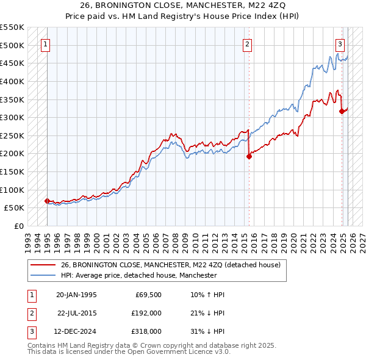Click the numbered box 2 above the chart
coord(248,43)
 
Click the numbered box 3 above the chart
coord(340,43)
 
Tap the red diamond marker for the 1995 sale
coord(47,200)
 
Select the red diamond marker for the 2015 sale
coord(249,156)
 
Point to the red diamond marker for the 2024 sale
coord(342,111)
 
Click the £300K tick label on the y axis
coord(12,117)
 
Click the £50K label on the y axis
coord(14,208)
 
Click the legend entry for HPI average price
coord(138,276)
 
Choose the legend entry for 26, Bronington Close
coord(170,265)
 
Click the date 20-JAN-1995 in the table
coord(76,295)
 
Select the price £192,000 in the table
coord(146,313)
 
